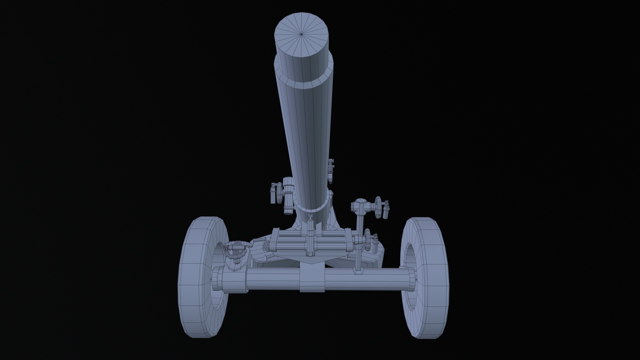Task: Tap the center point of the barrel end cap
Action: tap(301, 34)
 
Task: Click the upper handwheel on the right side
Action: tap(378, 207)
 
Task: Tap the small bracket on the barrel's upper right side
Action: tap(331, 170)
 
